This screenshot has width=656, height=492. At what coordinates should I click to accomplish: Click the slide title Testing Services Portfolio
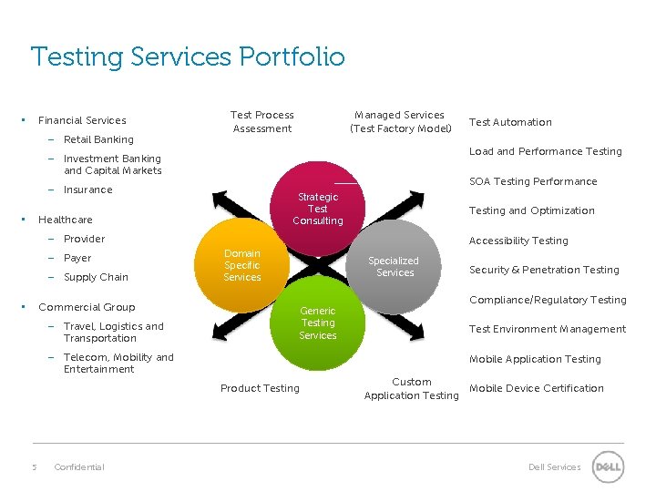point(188,57)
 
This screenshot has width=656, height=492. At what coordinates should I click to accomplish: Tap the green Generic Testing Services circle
point(317,323)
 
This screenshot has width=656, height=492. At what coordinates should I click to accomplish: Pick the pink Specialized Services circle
point(395,266)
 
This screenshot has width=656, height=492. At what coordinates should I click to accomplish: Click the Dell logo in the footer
point(608,467)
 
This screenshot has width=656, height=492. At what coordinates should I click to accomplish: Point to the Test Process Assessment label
point(262,122)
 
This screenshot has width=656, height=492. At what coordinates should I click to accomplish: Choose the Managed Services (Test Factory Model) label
point(399,122)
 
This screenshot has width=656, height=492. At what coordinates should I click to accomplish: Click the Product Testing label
point(260,388)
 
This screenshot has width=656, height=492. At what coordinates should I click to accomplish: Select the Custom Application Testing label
point(412,388)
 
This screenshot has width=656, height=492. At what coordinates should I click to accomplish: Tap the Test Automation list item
point(510,122)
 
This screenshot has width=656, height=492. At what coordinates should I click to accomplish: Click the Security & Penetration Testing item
point(544,270)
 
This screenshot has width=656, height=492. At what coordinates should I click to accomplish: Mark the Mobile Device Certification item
point(537,388)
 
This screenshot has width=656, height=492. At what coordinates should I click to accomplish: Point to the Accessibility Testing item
point(518,241)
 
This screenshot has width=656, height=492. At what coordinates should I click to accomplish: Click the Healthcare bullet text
point(66,220)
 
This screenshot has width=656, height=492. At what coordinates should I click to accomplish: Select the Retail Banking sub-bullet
point(98,139)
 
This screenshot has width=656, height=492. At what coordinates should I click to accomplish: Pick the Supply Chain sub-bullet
point(96,277)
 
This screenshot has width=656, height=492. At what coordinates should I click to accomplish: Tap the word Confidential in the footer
point(79,467)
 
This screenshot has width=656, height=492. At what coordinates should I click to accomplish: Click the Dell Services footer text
point(554,467)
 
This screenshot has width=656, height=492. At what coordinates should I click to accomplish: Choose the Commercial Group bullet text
point(87,307)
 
